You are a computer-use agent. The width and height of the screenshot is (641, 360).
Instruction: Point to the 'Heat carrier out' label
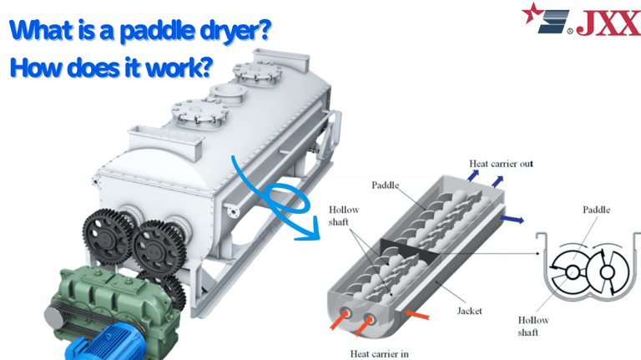pos(501,164)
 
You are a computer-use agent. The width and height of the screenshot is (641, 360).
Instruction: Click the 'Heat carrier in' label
pos(379,352)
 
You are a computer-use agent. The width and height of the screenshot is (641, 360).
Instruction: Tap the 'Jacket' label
pos(469,311)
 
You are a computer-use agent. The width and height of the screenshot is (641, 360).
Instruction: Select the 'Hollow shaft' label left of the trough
pos(343,216)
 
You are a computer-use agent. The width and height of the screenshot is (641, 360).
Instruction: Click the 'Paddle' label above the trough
pos(386,184)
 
